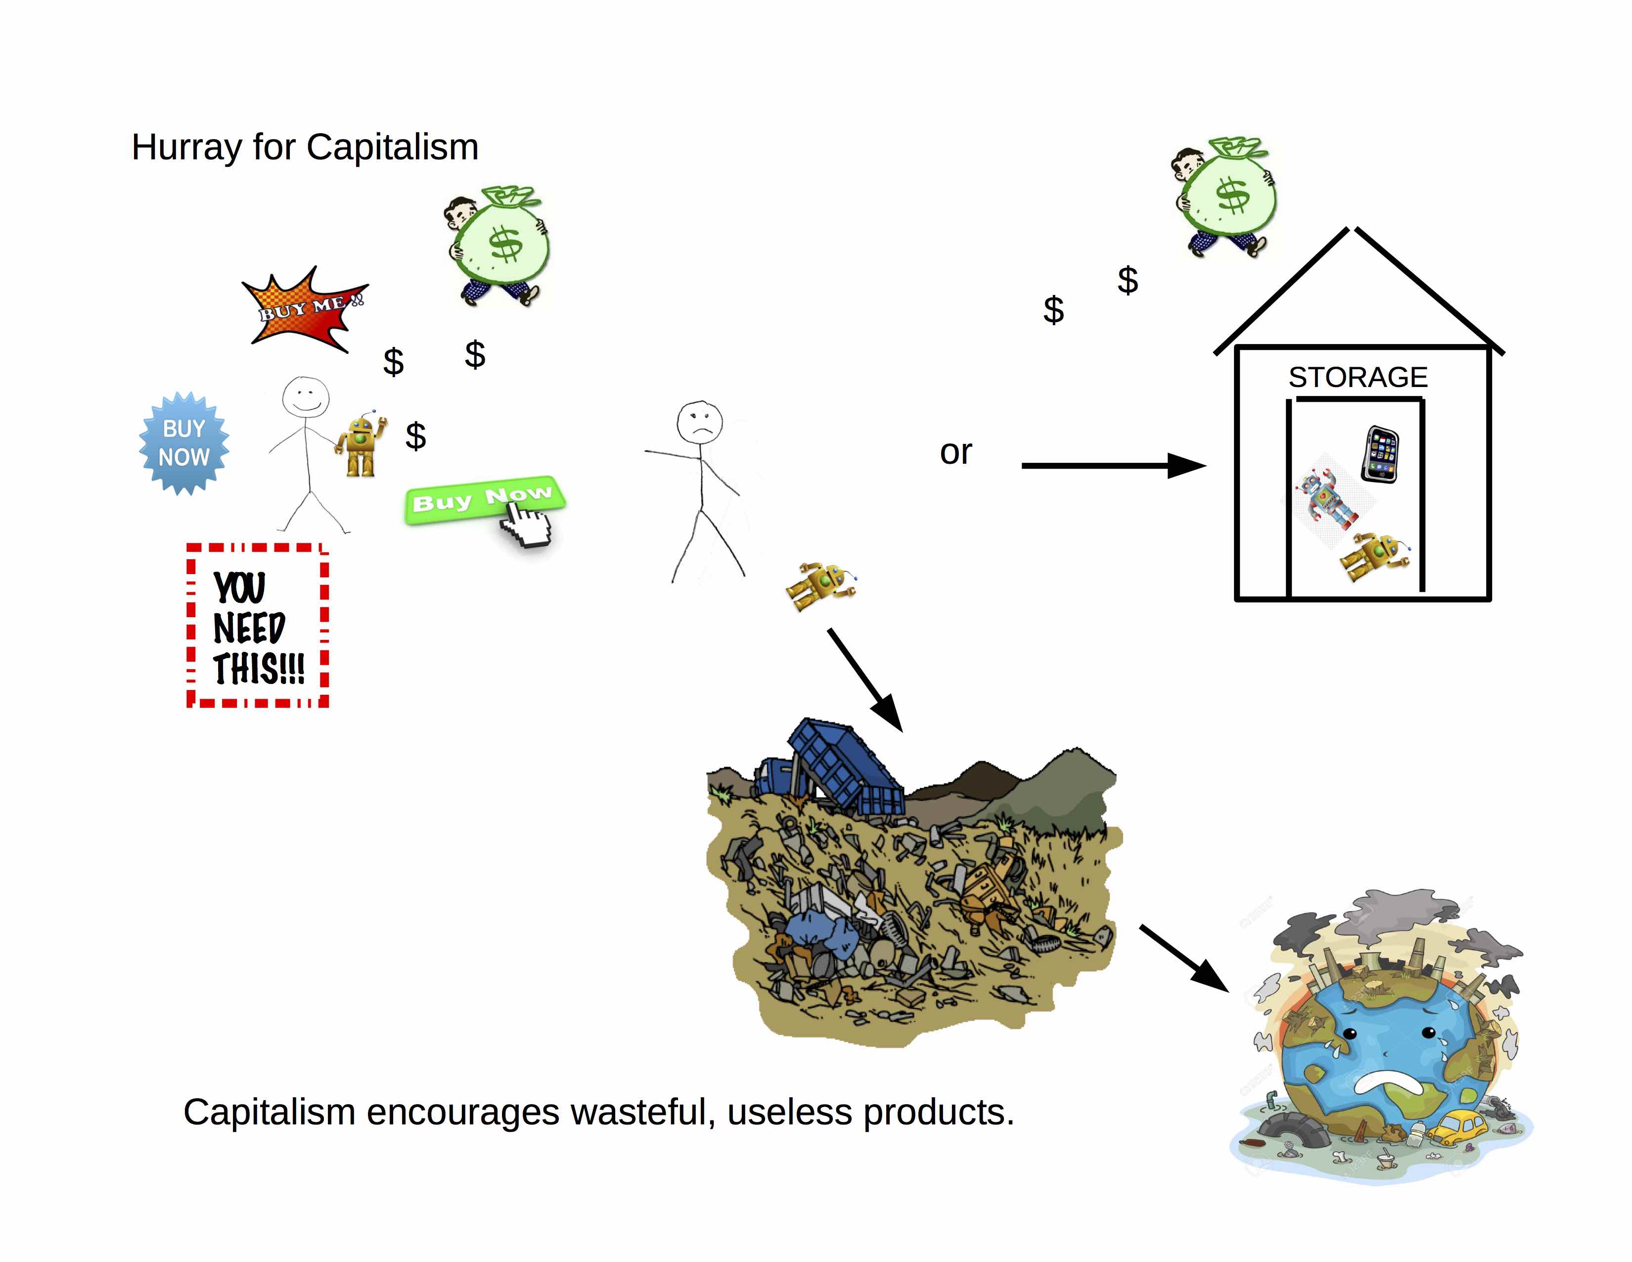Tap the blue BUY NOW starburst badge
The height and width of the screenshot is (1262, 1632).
click(184, 443)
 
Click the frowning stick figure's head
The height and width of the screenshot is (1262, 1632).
click(699, 423)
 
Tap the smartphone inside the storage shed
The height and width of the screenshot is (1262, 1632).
click(1381, 454)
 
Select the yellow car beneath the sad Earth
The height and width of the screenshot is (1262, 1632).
click(1457, 1127)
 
